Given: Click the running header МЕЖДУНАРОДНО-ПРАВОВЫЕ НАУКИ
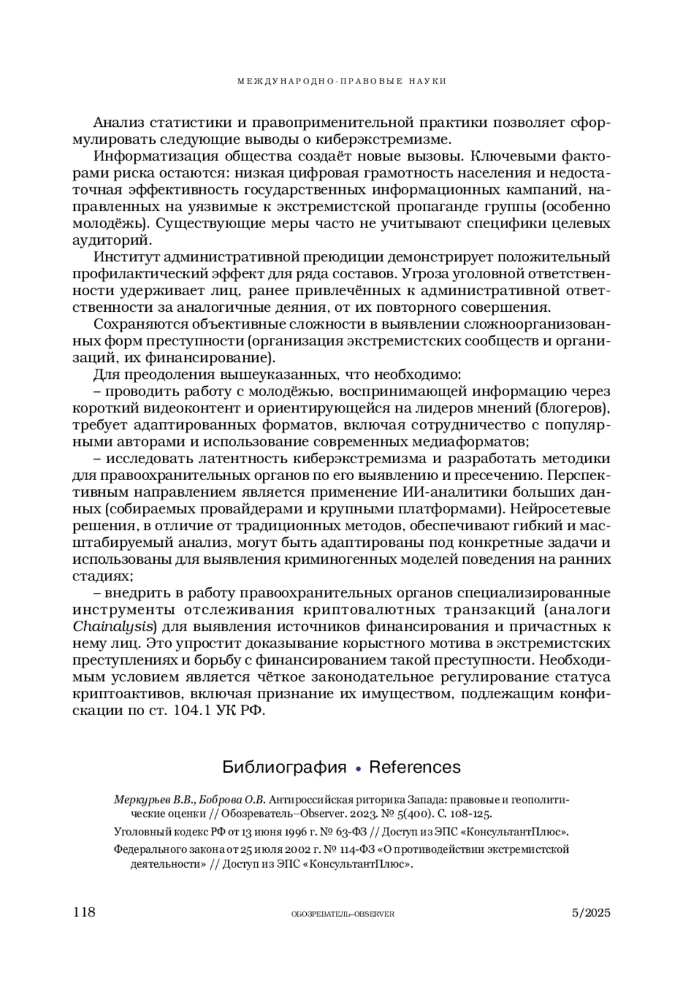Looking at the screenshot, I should (341, 81).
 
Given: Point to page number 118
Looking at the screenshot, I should (84, 912).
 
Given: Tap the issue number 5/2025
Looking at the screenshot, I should (591, 913).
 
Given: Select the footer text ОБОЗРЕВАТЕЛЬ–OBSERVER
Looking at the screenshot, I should (342, 914).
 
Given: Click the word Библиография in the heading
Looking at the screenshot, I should (284, 767).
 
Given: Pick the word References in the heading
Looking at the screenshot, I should (415, 767).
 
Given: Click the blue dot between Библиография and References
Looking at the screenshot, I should (358, 769).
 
